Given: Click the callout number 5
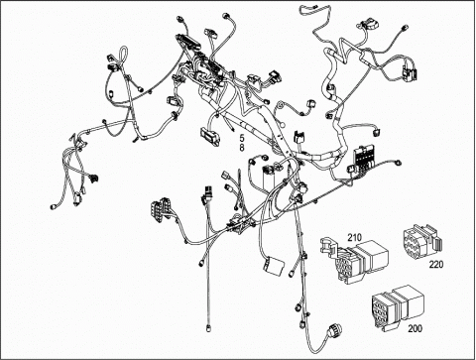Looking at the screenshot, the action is pyautogui.click(x=242, y=137).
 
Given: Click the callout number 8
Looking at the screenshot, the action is pyautogui.click(x=242, y=148).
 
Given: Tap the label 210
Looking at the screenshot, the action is pyautogui.click(x=354, y=237).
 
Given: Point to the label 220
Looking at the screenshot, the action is pyautogui.click(x=436, y=265).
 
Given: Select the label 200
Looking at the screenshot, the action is pyautogui.click(x=415, y=328).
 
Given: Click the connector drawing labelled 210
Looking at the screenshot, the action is pyautogui.click(x=354, y=261).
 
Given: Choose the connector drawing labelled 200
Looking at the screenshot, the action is pyautogui.click(x=398, y=306).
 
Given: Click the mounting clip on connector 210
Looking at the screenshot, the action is pyautogui.click(x=328, y=246).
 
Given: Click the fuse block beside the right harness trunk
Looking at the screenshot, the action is pyautogui.click(x=364, y=158).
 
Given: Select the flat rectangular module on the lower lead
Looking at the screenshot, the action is pyautogui.click(x=274, y=266).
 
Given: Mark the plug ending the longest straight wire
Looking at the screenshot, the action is pyautogui.click(x=208, y=328).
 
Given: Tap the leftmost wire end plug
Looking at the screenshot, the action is pyautogui.click(x=53, y=207).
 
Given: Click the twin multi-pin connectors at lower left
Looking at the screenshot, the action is pyautogui.click(x=161, y=210).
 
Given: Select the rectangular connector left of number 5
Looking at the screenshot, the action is pyautogui.click(x=209, y=136).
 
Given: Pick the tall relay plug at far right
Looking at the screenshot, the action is pyautogui.click(x=410, y=70).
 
